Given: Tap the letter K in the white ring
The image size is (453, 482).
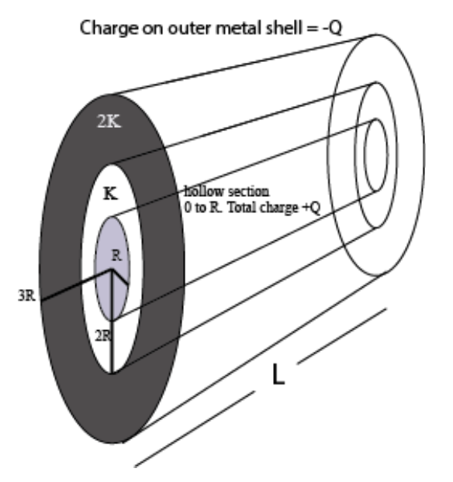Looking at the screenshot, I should [111, 194].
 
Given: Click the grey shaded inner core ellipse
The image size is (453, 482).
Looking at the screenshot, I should [112, 267].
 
